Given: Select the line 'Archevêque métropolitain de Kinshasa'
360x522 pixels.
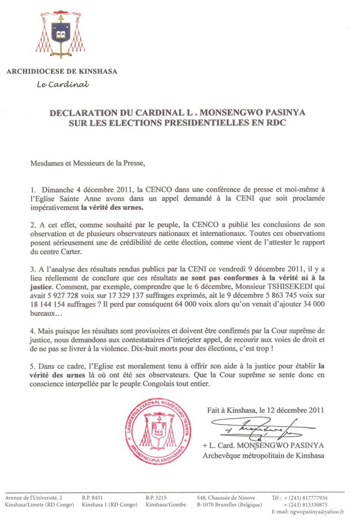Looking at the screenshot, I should (x=262, y=454).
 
